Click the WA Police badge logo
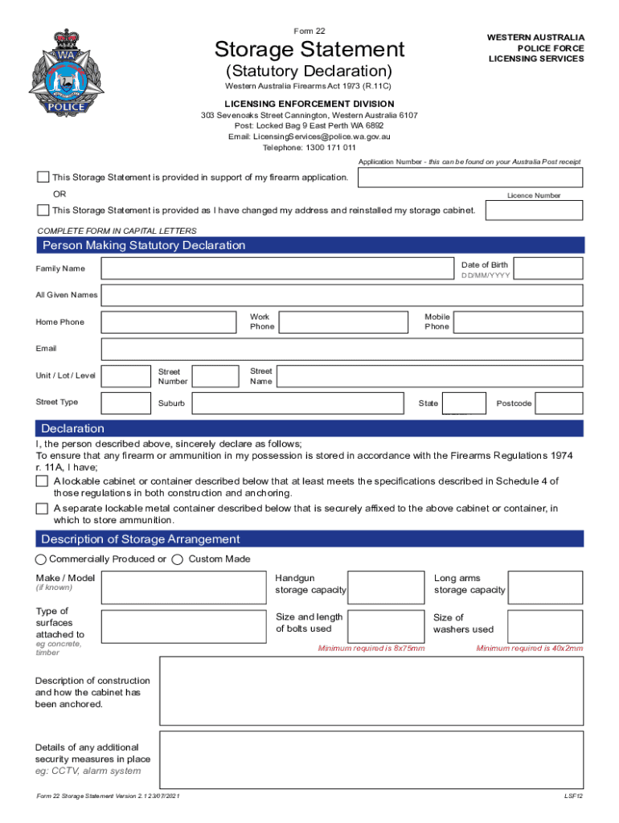coord(67,74)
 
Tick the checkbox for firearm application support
coord(43,177)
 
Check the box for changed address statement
coord(43,211)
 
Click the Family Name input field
coord(277,268)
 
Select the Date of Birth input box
coord(547,268)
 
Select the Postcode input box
coord(559,403)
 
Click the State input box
coord(465,403)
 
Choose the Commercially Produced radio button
coord(41,559)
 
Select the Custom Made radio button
coord(178,559)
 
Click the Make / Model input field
coord(184,588)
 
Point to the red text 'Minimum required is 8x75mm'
coord(371,649)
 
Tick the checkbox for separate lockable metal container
coord(43,509)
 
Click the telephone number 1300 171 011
coord(309,147)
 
